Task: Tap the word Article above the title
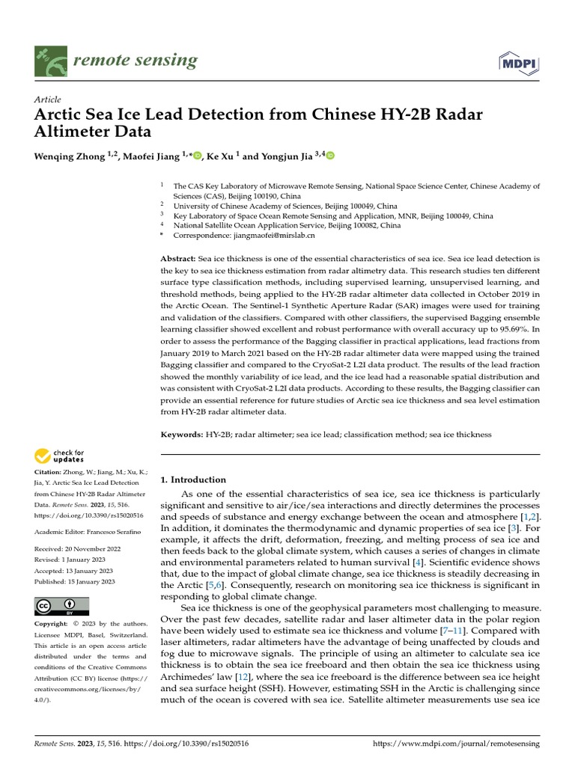(48, 99)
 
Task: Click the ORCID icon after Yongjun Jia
(330, 156)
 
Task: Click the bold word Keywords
(182, 434)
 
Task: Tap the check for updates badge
(61, 456)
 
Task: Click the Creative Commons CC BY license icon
(61, 606)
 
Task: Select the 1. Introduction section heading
(193, 479)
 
